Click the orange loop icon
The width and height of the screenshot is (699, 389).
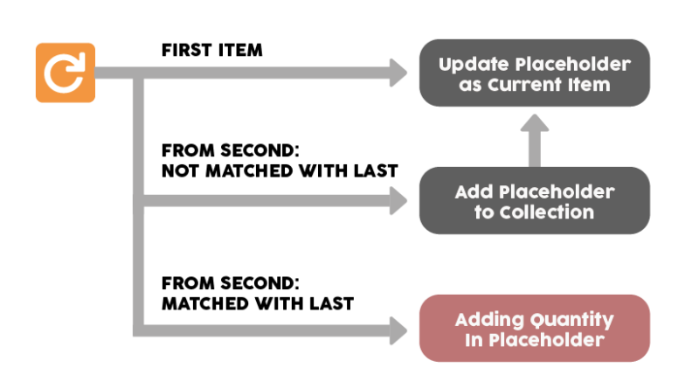tap(66, 73)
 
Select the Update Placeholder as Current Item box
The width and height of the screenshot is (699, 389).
tap(534, 73)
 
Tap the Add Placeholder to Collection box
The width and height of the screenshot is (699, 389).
tap(534, 201)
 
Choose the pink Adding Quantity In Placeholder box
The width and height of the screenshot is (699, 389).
tap(534, 329)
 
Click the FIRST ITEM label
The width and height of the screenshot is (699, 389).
tap(211, 50)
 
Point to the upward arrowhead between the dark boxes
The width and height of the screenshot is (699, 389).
tap(535, 128)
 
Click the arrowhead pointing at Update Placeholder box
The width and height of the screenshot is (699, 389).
tap(398, 73)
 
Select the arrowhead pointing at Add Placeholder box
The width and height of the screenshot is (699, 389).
tap(398, 201)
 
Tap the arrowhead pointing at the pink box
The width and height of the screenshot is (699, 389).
tap(398, 329)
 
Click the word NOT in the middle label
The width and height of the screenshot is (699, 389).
tap(180, 170)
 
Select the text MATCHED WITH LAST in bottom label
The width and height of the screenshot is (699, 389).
tap(258, 304)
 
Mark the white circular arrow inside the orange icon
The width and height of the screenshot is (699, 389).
tap(66, 73)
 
